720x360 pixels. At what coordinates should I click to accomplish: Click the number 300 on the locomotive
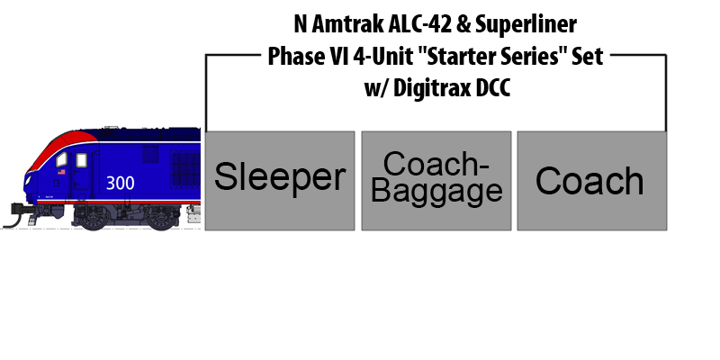[121, 183]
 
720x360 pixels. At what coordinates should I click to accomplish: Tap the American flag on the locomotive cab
[61, 172]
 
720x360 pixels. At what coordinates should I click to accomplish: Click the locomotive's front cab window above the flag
[61, 160]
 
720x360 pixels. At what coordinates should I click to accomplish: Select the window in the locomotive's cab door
[81, 160]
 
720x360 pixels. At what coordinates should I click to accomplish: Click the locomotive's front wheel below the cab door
[94, 219]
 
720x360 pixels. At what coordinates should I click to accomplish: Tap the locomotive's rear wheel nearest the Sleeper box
[161, 219]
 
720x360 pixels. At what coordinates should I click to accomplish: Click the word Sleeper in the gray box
[280, 176]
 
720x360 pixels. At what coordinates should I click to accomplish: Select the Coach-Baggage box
[436, 181]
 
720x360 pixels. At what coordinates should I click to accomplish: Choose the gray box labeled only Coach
[592, 181]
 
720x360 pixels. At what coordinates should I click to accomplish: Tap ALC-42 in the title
[419, 24]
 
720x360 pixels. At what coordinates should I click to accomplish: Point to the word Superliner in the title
[526, 25]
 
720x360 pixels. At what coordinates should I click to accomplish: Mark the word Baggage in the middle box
[436, 192]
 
